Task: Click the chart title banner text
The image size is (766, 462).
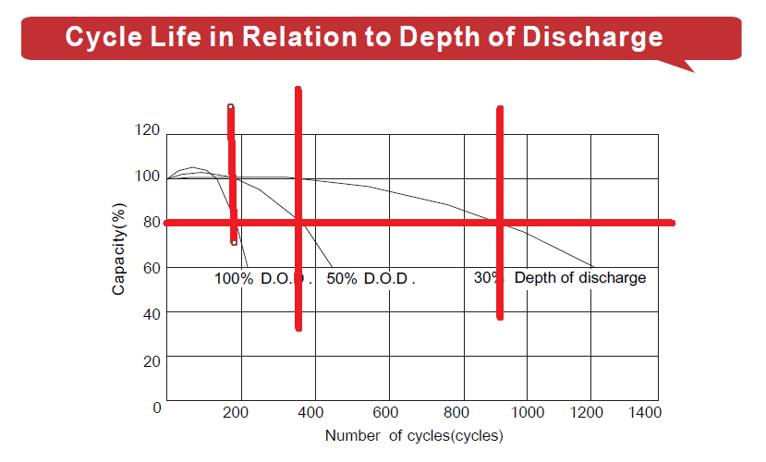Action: pyautogui.click(x=363, y=38)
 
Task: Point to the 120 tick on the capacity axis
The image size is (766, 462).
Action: pyautogui.click(x=147, y=130)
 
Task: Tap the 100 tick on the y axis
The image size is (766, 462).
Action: pyautogui.click(x=147, y=176)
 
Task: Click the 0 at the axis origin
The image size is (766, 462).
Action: pyautogui.click(x=157, y=407)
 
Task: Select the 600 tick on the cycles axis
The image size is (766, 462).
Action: pyautogui.click(x=387, y=411)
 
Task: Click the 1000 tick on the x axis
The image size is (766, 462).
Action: pyautogui.click(x=528, y=411)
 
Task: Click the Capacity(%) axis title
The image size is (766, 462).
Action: pyautogui.click(x=119, y=249)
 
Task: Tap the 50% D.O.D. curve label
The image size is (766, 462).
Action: pyautogui.click(x=371, y=278)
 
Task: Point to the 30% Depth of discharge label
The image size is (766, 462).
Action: pyautogui.click(x=560, y=277)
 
